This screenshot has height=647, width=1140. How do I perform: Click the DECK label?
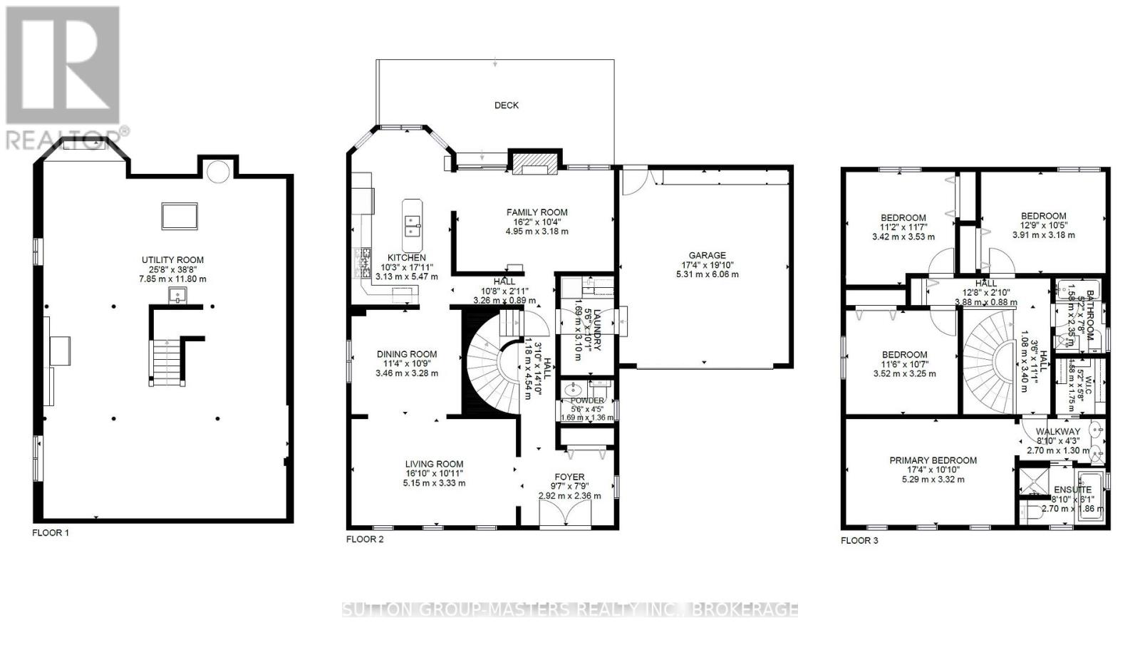[507, 105]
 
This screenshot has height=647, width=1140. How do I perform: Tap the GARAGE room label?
[707, 255]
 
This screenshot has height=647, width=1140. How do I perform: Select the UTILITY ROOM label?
[172, 260]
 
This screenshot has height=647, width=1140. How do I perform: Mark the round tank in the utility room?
[218, 170]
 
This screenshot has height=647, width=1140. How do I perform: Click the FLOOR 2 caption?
[365, 539]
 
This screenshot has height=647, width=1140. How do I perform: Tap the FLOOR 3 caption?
[859, 541]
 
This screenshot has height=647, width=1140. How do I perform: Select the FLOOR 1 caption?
[51, 533]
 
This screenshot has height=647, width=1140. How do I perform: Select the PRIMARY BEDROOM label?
[933, 460]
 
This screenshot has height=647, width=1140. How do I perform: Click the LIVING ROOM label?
[434, 463]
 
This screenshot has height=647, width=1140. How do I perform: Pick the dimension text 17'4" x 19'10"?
[707, 265]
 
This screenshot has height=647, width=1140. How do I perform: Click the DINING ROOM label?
[407, 354]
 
